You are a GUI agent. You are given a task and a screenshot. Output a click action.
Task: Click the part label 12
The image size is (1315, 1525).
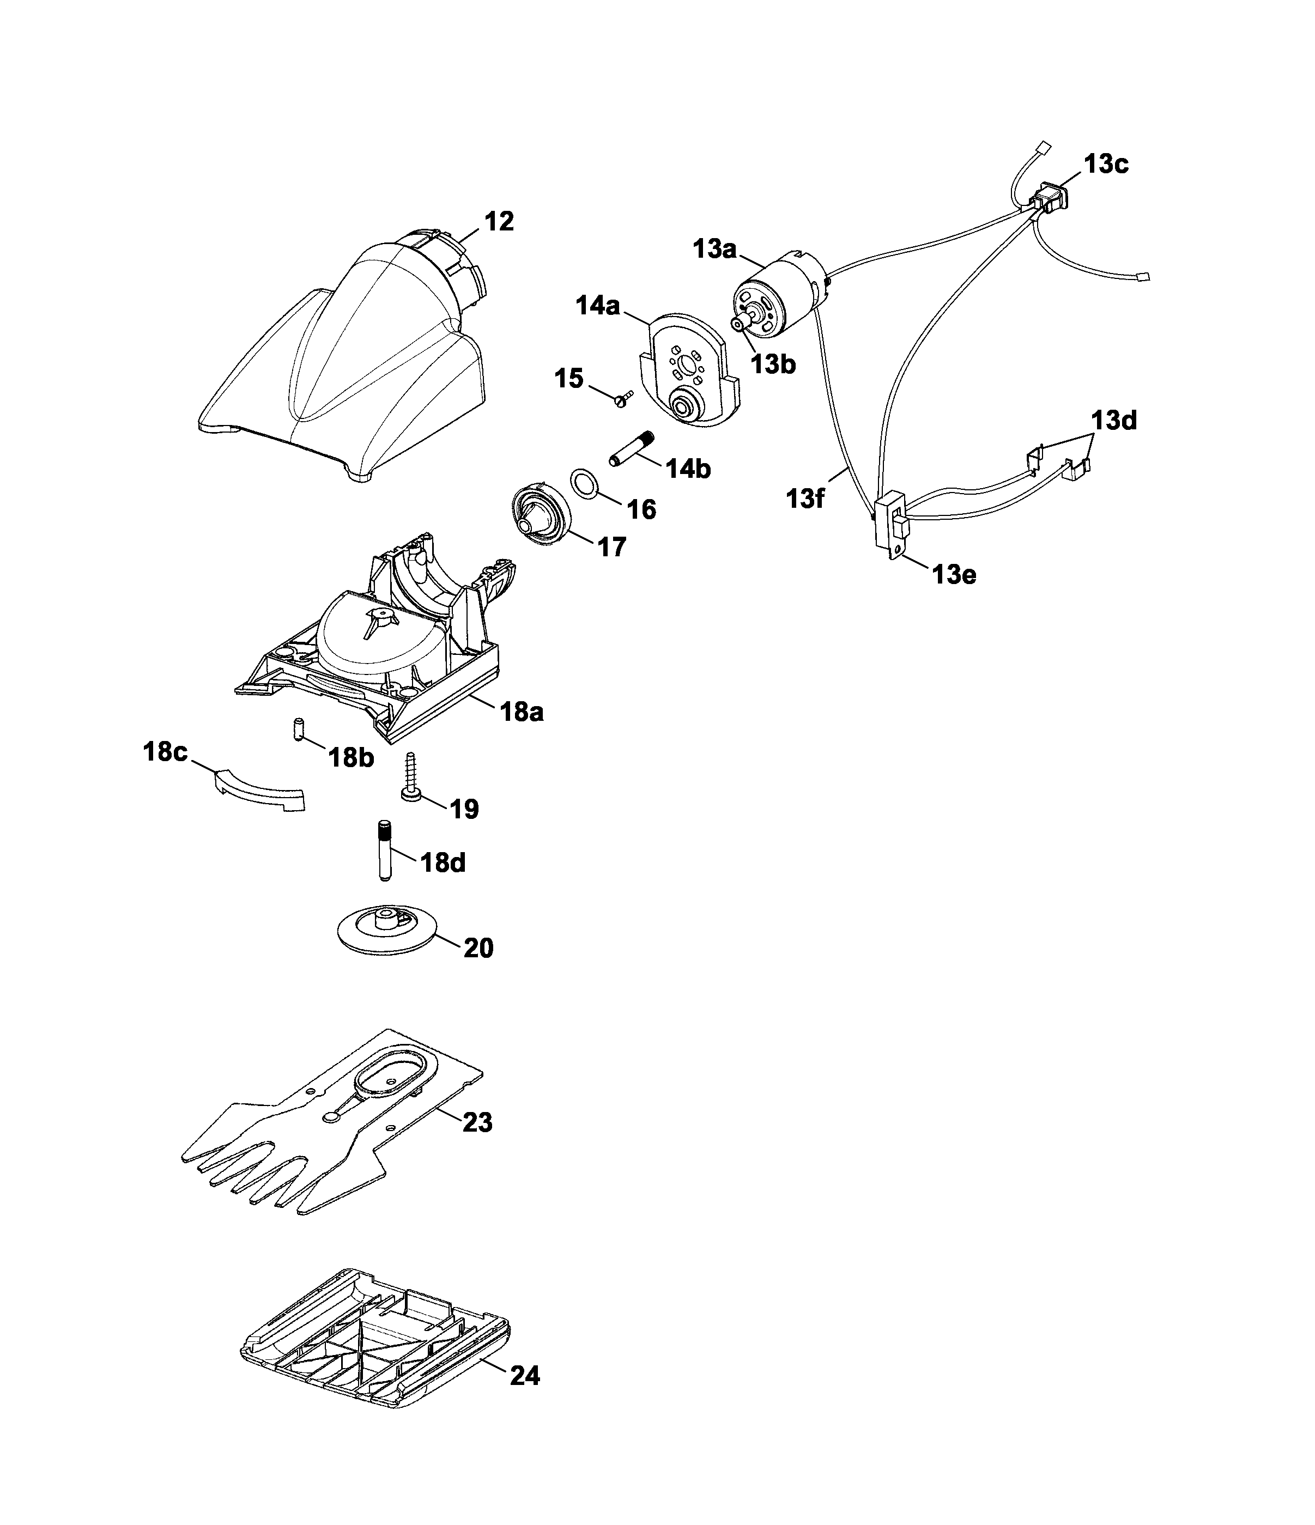point(499,222)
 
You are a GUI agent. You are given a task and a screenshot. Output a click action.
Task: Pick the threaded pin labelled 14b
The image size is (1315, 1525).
point(632,449)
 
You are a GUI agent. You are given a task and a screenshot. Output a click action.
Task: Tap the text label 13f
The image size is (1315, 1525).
point(805,499)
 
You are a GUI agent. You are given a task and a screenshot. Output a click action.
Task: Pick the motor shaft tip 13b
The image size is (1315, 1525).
point(737,323)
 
